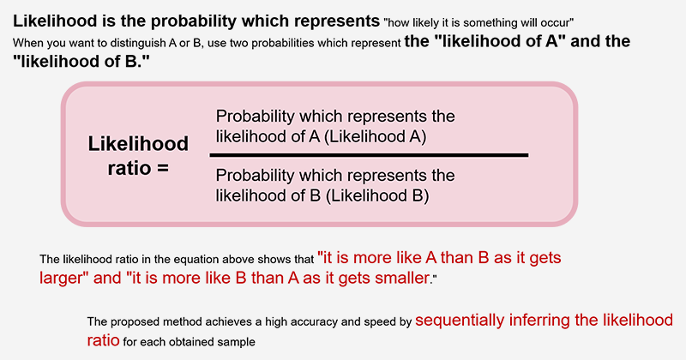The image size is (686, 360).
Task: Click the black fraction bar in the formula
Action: [x=369, y=155]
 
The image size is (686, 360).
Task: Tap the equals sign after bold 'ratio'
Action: [x=163, y=168]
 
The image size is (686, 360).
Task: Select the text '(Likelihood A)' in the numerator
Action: [x=376, y=137]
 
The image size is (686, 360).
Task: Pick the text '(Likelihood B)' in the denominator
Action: [x=377, y=196]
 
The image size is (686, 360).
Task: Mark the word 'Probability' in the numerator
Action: [x=256, y=117]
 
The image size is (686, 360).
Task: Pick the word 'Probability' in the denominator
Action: [x=256, y=177]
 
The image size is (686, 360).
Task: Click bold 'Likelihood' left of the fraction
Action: [x=138, y=144]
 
